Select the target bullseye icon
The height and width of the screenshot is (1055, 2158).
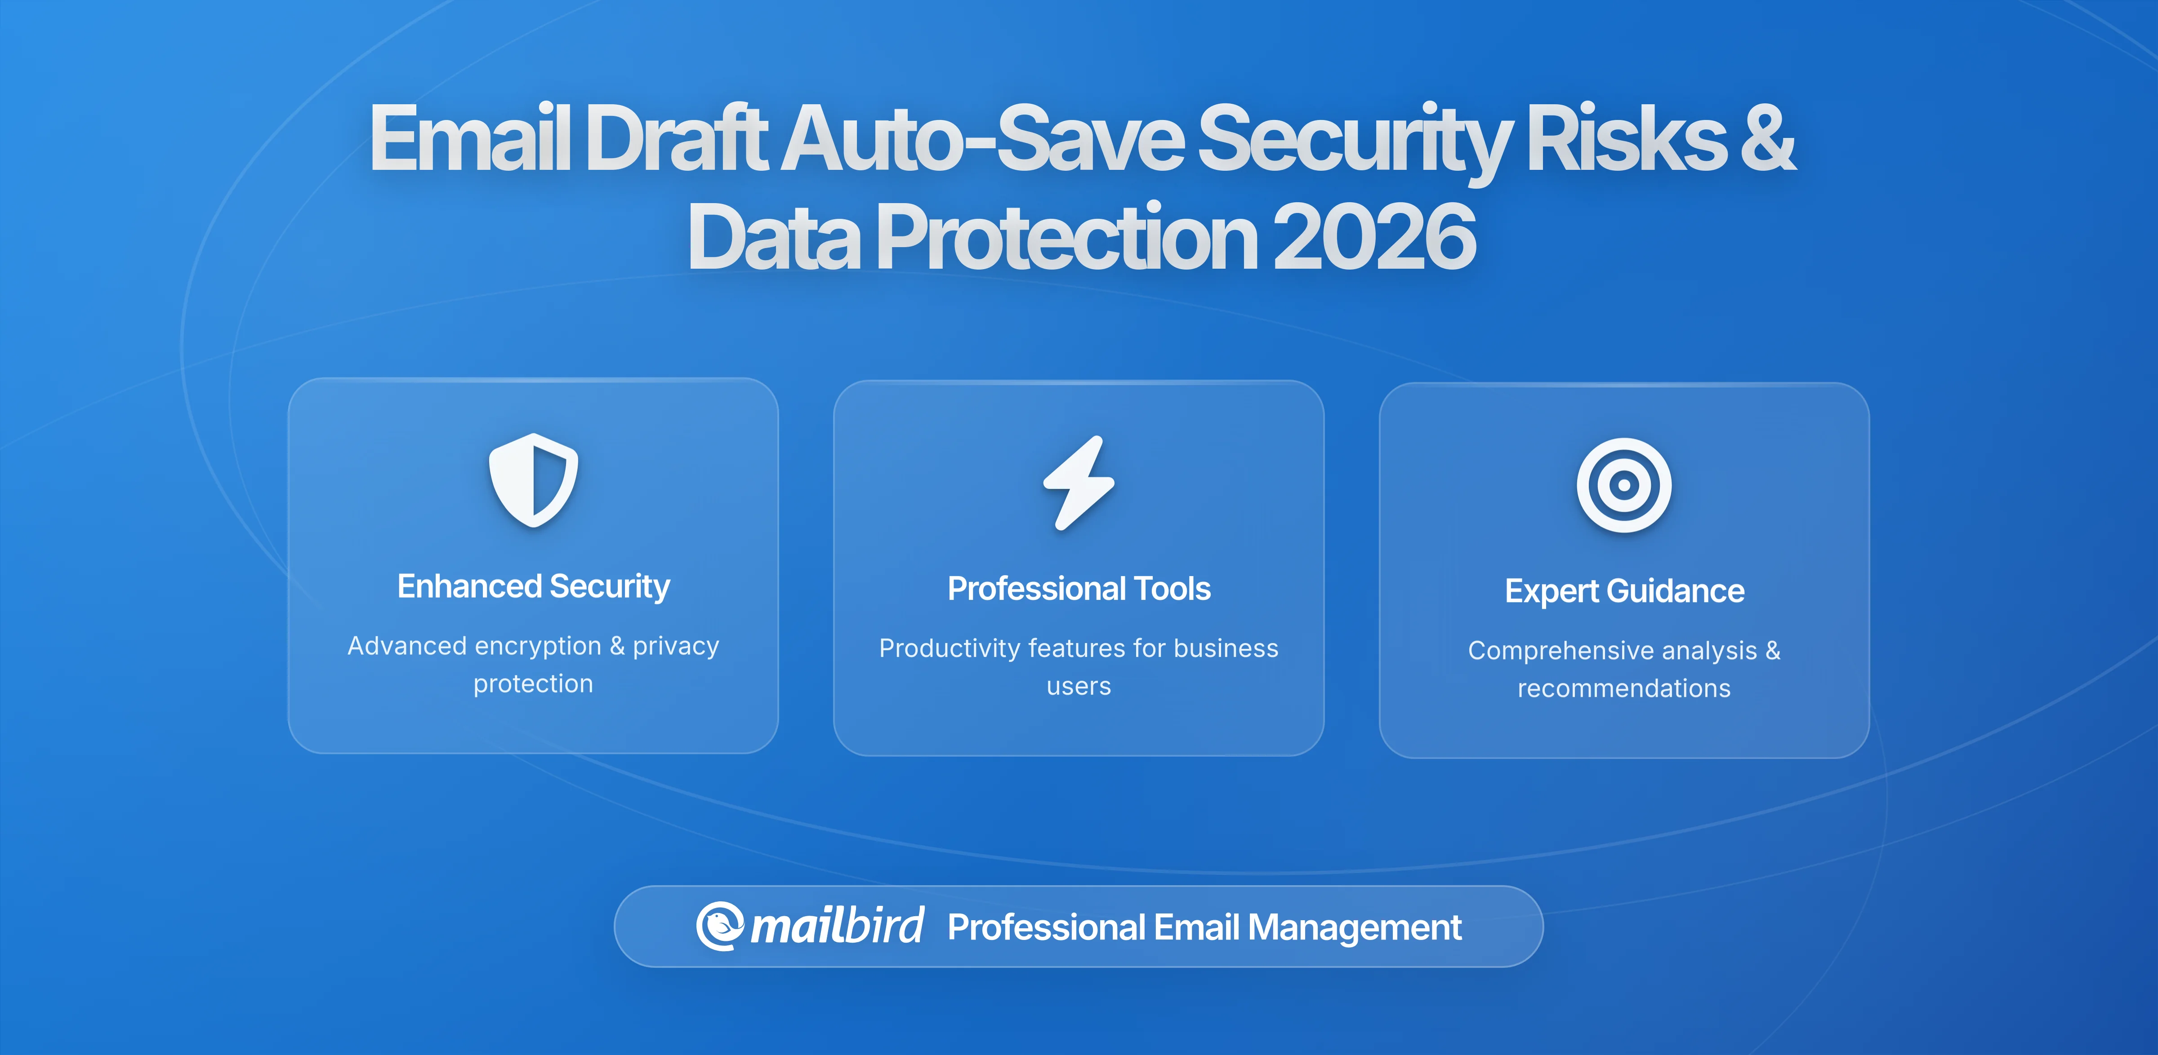tap(1623, 485)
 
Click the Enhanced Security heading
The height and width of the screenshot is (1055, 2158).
tap(534, 586)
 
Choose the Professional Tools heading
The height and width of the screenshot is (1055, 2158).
tap(1079, 589)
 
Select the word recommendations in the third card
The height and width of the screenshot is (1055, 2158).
tap(1623, 688)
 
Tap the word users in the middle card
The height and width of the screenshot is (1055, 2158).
tap(1079, 687)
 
